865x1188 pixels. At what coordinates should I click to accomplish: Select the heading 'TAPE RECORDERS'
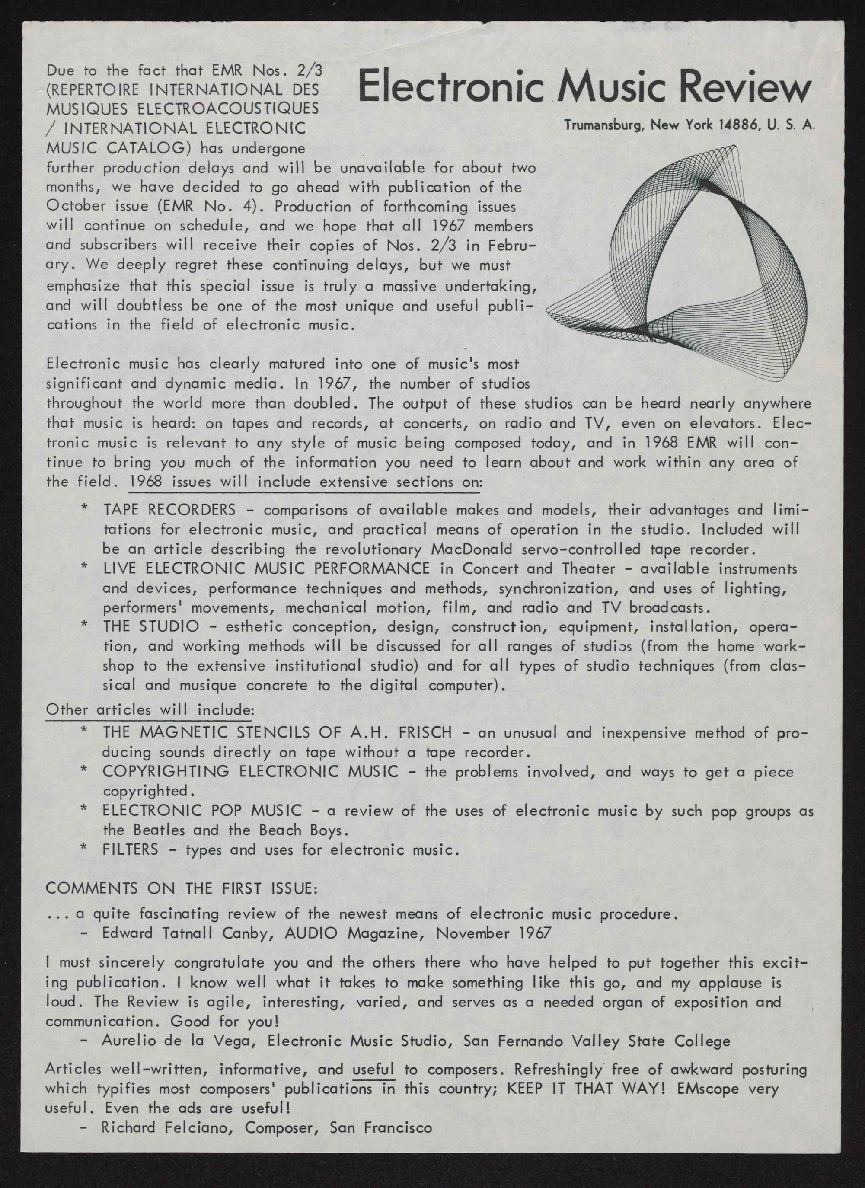[169, 509]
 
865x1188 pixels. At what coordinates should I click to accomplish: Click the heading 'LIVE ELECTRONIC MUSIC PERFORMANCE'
[266, 568]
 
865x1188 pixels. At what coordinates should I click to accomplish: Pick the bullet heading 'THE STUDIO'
[151, 626]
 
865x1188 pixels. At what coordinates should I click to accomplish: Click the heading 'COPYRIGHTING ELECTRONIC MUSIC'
[250, 772]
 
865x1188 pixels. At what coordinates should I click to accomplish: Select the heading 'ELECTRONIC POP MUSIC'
[202, 811]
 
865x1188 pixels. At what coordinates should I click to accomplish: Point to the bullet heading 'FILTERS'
[131, 849]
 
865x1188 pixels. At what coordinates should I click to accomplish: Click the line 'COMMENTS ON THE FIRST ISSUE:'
[181, 889]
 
